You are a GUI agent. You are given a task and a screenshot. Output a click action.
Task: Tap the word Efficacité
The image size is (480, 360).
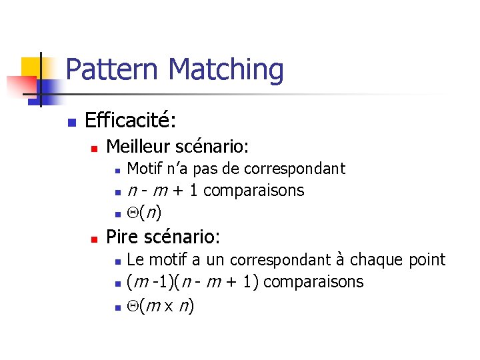pos(131,121)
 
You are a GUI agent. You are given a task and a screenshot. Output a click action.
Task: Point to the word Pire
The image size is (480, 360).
pos(121,236)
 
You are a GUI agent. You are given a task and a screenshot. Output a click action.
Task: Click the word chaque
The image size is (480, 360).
pos(375,259)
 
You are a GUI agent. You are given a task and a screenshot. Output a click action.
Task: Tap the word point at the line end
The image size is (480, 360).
pos(427,260)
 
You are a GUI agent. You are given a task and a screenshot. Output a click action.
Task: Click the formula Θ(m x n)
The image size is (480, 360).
pos(160,305)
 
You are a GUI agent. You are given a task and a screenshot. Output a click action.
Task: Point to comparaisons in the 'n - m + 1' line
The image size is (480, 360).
pos(254,191)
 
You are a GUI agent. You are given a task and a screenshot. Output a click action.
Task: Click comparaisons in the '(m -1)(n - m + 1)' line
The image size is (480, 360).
pos(314,282)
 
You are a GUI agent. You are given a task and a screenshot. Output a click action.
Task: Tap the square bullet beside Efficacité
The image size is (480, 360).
pos(71,122)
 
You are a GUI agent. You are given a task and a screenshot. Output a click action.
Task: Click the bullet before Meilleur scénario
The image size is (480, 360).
pos(94,147)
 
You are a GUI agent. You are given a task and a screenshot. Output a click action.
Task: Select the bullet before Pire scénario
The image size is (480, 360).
pos(94,237)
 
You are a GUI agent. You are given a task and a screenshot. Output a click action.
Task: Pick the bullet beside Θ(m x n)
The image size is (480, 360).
pos(117,307)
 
